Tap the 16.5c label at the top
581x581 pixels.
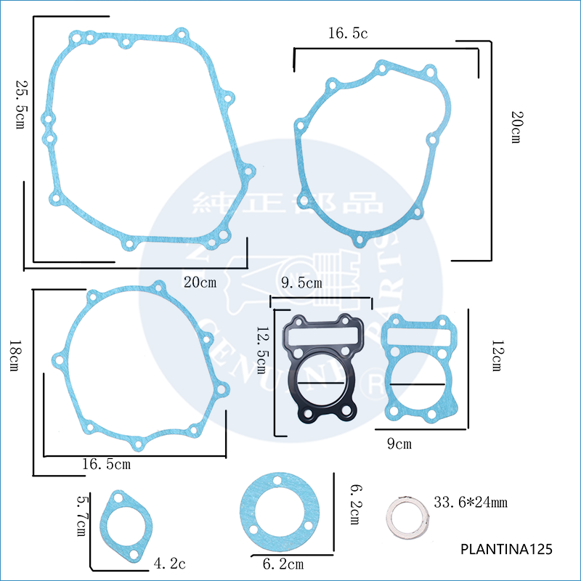tap(349, 33)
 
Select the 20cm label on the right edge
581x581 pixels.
tap(515, 127)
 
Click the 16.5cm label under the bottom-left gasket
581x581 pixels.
tap(107, 463)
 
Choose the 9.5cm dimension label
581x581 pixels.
tap(300, 283)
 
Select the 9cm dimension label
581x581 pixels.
tap(399, 443)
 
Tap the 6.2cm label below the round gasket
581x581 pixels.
tap(283, 564)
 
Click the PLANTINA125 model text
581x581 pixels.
tap(506, 550)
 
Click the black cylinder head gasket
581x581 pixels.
tap(320, 370)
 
